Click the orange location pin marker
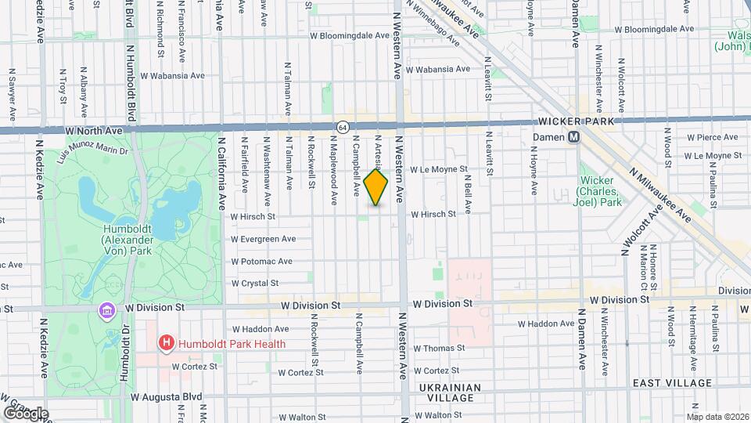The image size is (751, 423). click(376, 187)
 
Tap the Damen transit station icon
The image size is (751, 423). click(573, 136)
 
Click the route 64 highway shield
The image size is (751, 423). click(343, 126)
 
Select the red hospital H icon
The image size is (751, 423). click(165, 342)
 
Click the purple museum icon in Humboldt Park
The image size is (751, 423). click(106, 311)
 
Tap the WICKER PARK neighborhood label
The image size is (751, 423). click(576, 121)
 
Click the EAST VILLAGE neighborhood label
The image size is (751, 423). click(673, 383)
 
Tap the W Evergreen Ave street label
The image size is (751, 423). click(263, 239)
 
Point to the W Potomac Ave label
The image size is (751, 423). click(261, 261)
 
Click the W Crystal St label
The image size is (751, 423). click(255, 283)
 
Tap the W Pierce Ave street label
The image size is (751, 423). click(712, 137)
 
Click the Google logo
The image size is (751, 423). click(26, 414)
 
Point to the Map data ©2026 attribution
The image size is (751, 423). click(717, 416)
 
